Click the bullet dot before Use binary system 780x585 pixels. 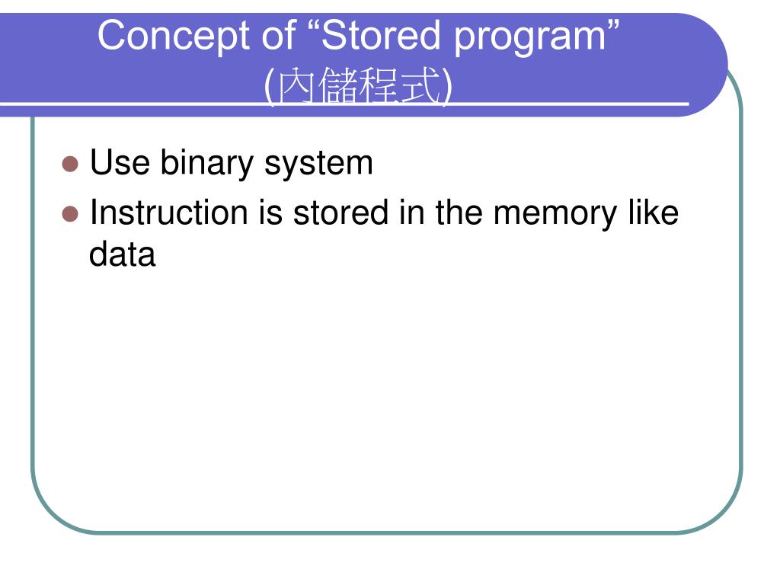70,164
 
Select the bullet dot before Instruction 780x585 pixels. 70,213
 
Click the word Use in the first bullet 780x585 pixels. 119,164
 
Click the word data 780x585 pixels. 122,254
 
